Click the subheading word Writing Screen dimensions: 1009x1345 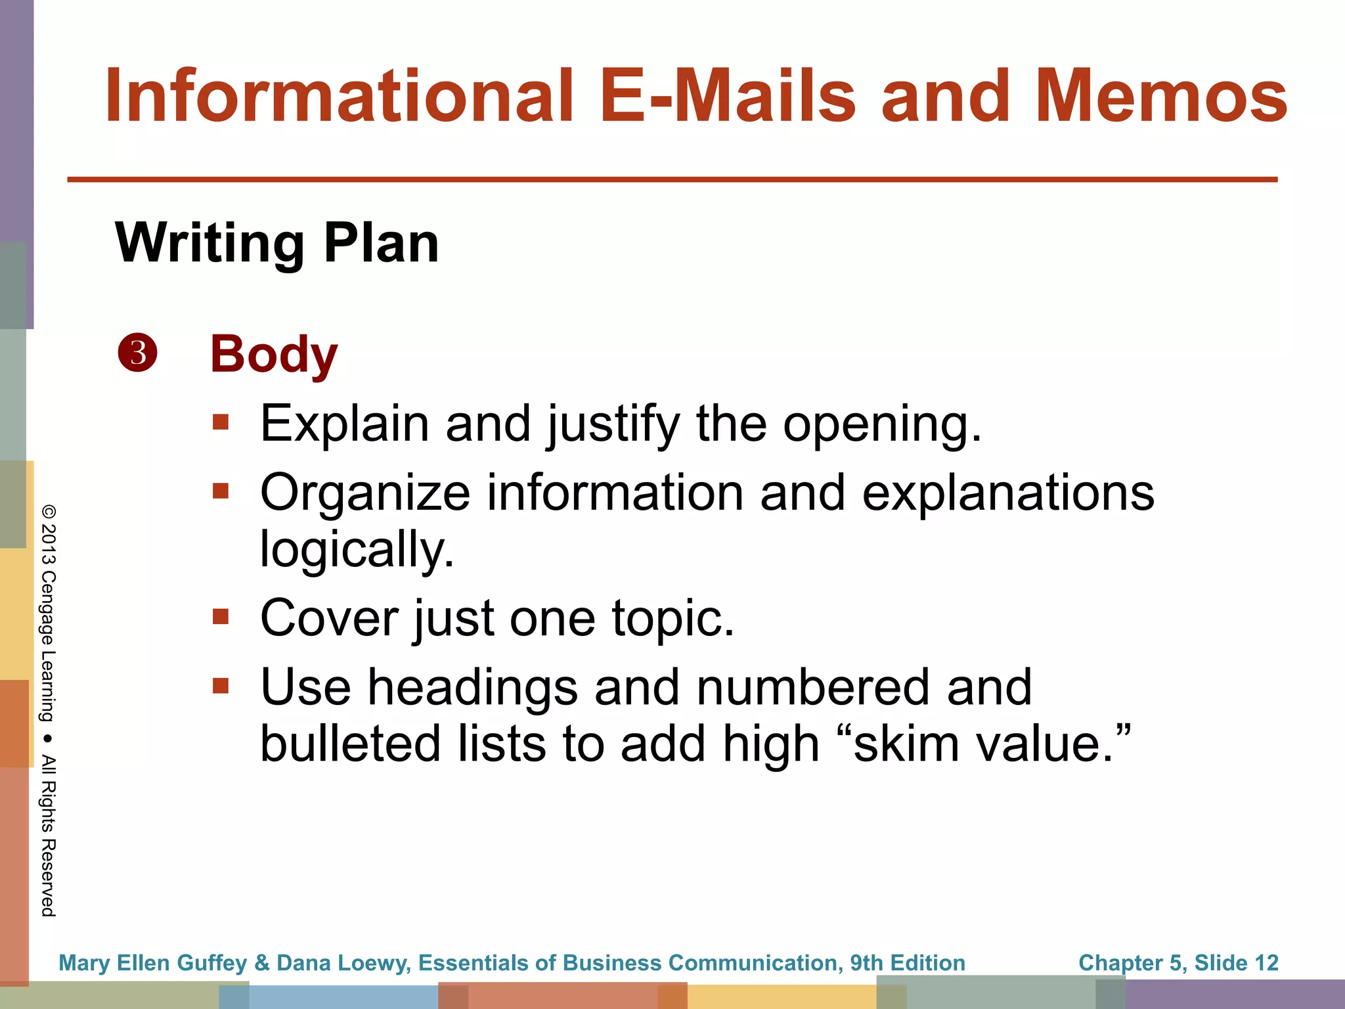tap(209, 243)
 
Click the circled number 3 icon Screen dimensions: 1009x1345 tap(138, 353)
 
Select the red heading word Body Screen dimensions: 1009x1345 tap(273, 355)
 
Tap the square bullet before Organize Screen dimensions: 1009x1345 tap(221, 491)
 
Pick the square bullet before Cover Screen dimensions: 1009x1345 tap(221, 616)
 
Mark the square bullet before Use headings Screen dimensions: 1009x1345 tap(221, 686)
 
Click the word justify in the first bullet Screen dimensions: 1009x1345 tap(613, 425)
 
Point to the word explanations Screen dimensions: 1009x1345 tap(1007, 493)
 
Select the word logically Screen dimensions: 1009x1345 tap(357, 549)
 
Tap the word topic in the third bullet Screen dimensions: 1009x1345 tap(672, 619)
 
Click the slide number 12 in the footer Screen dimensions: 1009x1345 tap(1266, 962)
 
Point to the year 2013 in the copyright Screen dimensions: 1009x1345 tap(49, 545)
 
